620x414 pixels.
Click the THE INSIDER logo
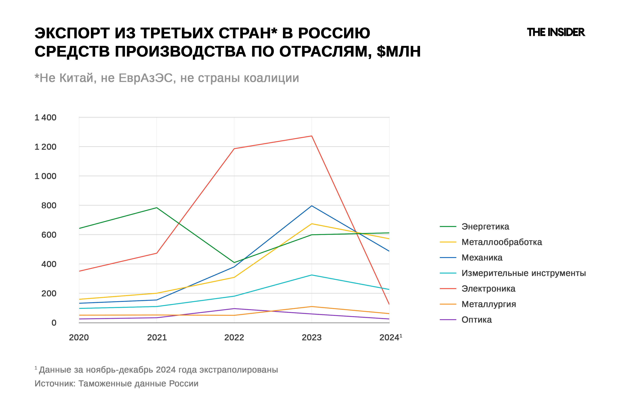[x=556, y=32]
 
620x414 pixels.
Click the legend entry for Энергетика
[x=485, y=226]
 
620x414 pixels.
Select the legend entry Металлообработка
[x=501, y=242]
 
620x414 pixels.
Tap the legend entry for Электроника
[x=488, y=289]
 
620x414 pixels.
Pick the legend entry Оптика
[x=476, y=320]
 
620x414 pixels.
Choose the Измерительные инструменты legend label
[x=523, y=273]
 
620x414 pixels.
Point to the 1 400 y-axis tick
[x=45, y=117]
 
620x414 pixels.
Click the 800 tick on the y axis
[x=49, y=205]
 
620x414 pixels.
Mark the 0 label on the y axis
[x=54, y=323]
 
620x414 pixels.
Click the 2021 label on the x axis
[x=157, y=337]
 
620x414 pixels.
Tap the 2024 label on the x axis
[x=389, y=337]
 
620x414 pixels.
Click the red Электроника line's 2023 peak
[x=312, y=136]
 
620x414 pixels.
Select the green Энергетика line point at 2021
[x=157, y=208]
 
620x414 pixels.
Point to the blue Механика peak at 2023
[x=312, y=206]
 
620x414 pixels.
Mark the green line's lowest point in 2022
[x=234, y=262]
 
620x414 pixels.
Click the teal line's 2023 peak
[x=312, y=275]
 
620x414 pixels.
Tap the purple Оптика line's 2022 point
[x=234, y=309]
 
